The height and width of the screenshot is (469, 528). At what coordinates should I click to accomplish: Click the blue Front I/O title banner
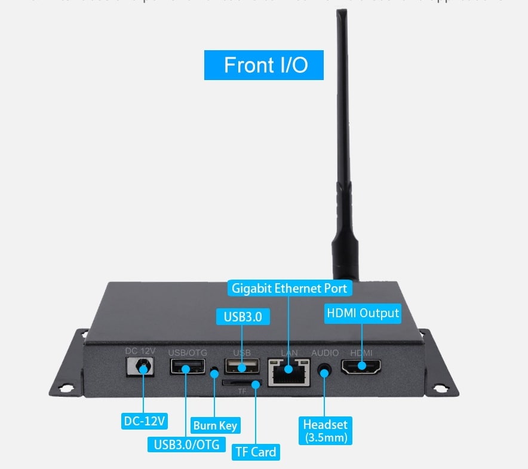263,65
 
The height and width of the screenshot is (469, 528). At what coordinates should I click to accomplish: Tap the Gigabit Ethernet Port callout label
289,289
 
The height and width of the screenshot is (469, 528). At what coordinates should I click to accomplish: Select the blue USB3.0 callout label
242,316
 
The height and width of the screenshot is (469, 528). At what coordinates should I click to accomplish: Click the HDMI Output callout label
363,313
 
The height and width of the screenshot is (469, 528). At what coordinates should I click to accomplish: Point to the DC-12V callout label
144,421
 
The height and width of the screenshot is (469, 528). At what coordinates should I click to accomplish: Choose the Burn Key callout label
214,426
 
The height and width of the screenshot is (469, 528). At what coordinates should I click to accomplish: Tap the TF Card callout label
256,452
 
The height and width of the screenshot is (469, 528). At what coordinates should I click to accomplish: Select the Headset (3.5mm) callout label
325,430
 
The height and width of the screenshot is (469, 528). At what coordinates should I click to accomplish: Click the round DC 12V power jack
142,366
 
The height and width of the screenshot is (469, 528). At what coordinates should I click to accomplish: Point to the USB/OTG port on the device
186,366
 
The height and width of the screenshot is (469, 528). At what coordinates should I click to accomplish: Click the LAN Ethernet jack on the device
289,370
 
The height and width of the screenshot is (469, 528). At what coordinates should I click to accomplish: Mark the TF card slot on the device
241,382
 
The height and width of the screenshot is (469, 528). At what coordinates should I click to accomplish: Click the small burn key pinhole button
214,373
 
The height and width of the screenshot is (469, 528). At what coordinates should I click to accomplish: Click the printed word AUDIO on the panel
325,353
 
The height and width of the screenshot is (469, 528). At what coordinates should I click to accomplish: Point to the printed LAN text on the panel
289,353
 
